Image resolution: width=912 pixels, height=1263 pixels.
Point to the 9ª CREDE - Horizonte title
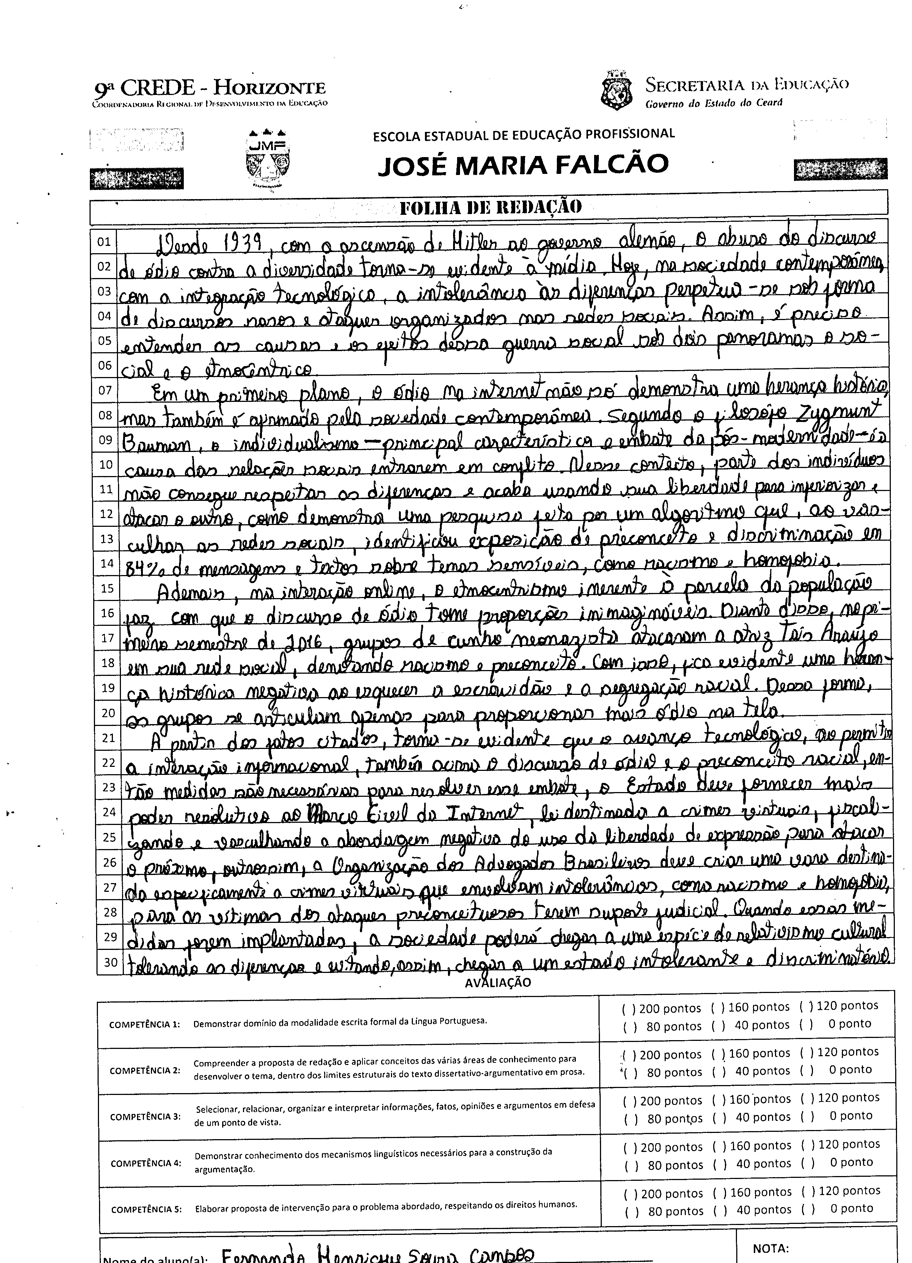click(210, 88)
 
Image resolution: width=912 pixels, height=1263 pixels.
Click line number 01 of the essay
click(104, 242)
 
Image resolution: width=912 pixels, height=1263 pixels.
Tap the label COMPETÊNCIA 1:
click(145, 1025)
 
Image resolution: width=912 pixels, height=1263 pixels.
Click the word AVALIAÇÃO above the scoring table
click(498, 983)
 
